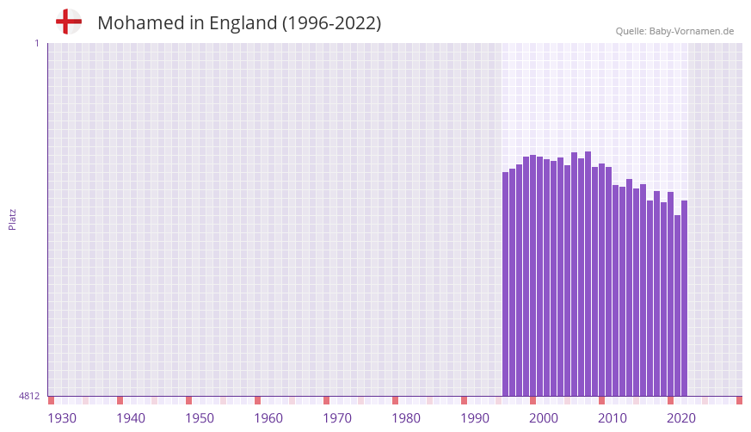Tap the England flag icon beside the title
68,22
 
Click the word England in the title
241,23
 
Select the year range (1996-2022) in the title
331,23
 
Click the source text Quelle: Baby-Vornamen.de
674,31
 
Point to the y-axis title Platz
12,219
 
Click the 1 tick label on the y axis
36,43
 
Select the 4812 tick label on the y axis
29,396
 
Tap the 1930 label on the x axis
62,418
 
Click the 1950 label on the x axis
200,418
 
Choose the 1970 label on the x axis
337,418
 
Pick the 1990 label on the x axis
475,418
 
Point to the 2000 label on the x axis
544,418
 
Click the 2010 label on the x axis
612,418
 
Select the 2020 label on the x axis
681,418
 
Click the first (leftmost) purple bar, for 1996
506,284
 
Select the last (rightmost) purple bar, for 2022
684,298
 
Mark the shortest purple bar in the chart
677,305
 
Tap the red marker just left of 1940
120,400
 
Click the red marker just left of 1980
395,400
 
